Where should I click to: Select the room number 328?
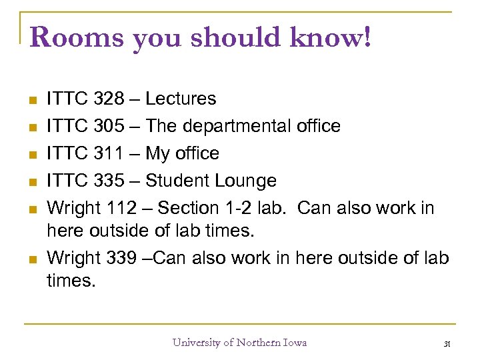click(109, 99)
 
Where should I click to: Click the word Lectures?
click(181, 99)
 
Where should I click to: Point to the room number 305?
click(109, 126)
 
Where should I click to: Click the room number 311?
click(109, 153)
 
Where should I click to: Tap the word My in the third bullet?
click(158, 153)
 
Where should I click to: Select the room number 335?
click(109, 181)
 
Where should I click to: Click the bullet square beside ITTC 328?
click(31, 100)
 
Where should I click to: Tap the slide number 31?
click(447, 343)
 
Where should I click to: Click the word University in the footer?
click(197, 343)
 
